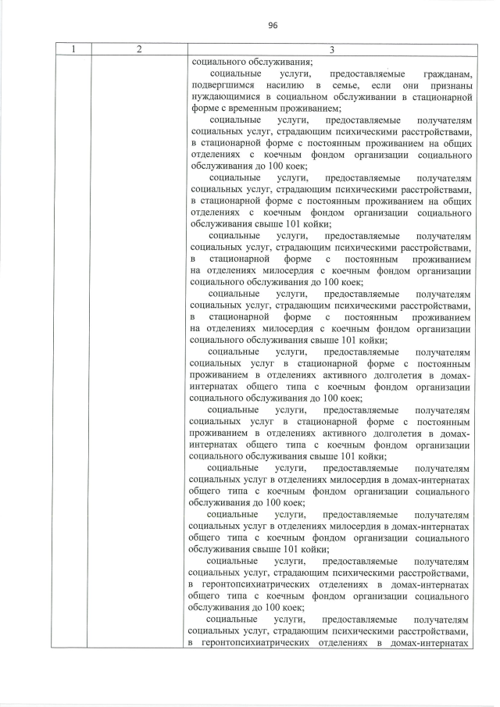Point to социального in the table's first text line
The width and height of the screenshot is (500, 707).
216,62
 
